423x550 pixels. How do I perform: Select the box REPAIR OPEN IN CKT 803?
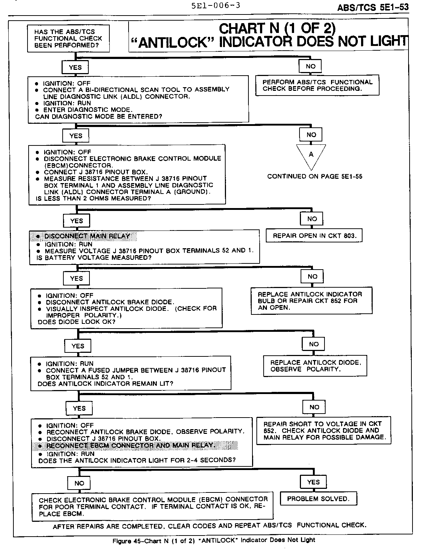[x=314, y=236]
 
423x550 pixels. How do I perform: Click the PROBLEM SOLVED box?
[x=318, y=499]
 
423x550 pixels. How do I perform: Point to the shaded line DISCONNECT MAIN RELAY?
[x=87, y=236]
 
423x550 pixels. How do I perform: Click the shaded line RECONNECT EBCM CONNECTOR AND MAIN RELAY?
[x=131, y=445]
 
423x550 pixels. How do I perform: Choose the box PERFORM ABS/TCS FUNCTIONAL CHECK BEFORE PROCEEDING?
[x=317, y=85]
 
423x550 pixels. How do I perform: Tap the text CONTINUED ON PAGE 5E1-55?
[x=314, y=177]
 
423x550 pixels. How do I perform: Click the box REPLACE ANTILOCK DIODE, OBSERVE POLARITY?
[x=315, y=366]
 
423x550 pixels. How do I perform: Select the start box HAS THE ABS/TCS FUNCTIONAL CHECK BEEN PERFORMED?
[x=68, y=39]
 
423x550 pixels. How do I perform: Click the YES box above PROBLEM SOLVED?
[x=313, y=482]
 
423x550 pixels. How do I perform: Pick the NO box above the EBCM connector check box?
[x=79, y=483]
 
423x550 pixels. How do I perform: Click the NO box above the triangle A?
[x=311, y=135]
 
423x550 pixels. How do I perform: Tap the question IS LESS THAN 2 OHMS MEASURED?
[x=93, y=199]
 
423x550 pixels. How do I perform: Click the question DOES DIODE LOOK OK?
[x=76, y=322]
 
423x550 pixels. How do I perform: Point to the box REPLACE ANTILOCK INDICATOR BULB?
[x=311, y=301]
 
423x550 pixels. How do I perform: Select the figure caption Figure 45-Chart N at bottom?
[x=214, y=540]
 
